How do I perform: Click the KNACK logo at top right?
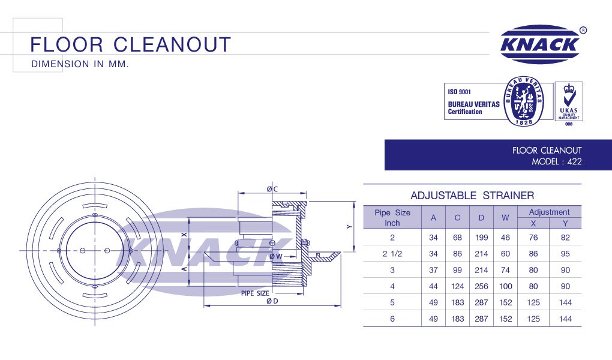[539, 44]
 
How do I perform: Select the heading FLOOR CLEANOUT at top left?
[130, 44]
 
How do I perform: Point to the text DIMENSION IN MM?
[80, 64]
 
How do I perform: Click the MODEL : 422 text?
[557, 161]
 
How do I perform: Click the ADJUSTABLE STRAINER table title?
[472, 196]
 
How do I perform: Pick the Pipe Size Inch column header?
[392, 217]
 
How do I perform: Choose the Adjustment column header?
[549, 212]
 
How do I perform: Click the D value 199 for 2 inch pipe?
[481, 238]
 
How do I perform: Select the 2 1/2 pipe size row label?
[392, 254]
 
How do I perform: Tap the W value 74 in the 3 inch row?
[505, 270]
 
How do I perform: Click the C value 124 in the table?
[457, 286]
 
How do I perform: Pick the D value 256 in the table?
[481, 286]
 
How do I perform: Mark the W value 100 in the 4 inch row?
[505, 286]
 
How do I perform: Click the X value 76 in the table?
[533, 238]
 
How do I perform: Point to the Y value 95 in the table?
[565, 254]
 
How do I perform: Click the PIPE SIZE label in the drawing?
[255, 293]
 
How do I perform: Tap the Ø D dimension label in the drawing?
[274, 301]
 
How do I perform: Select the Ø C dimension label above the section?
[272, 189]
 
